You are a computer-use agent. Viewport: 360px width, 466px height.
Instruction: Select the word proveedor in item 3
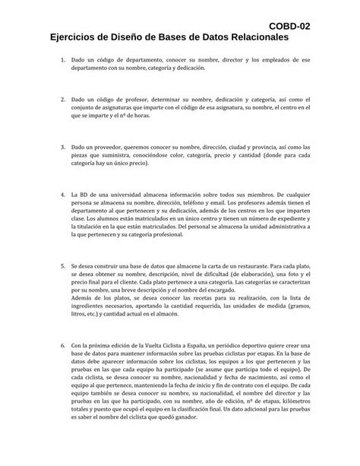(114, 144)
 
